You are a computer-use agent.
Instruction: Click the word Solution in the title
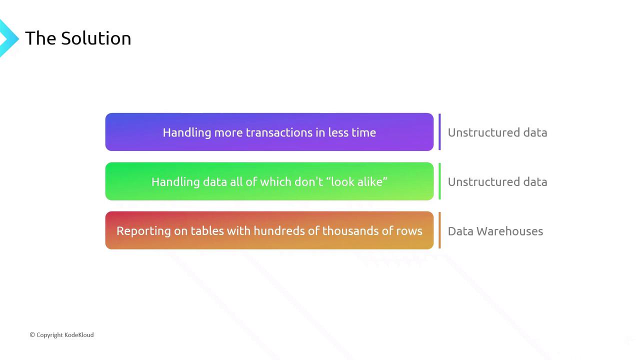point(96,38)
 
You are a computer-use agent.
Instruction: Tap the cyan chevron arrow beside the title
point(8,38)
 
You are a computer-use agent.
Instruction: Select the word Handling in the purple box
point(187,133)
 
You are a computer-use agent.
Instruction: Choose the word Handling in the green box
point(175,182)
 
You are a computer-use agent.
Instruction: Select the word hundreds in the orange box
point(279,231)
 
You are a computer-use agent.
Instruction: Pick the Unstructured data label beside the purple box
point(497,132)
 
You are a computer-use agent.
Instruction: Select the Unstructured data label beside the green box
point(497,181)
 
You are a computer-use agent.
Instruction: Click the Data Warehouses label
point(495,231)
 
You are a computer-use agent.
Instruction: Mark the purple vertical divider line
point(439,131)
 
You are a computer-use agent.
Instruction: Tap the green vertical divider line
point(439,181)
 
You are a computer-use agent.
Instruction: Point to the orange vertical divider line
point(439,230)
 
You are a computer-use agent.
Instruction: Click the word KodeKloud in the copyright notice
point(79,335)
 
